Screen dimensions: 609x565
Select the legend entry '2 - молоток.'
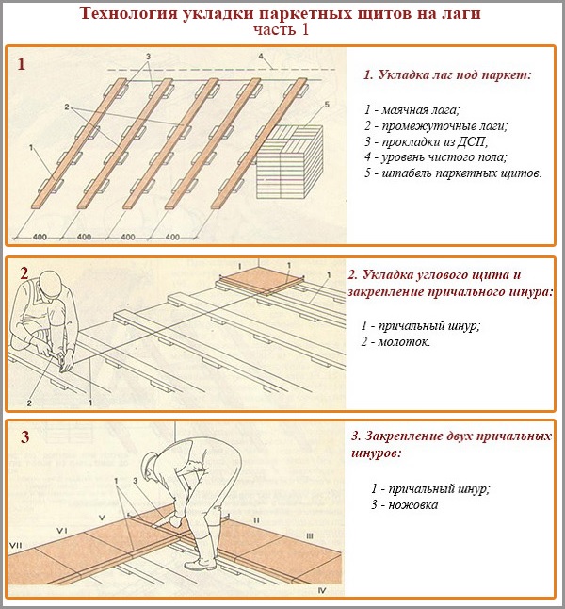pyautogui.click(x=395, y=341)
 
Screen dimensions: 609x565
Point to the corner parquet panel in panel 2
pyautogui.click(x=256, y=280)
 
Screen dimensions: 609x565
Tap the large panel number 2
pyautogui.click(x=24, y=273)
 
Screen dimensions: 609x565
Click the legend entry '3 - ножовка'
pyautogui.click(x=404, y=504)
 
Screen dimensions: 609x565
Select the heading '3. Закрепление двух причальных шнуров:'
pyautogui.click(x=450, y=445)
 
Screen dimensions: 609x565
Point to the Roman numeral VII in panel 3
pyautogui.click(x=15, y=546)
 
